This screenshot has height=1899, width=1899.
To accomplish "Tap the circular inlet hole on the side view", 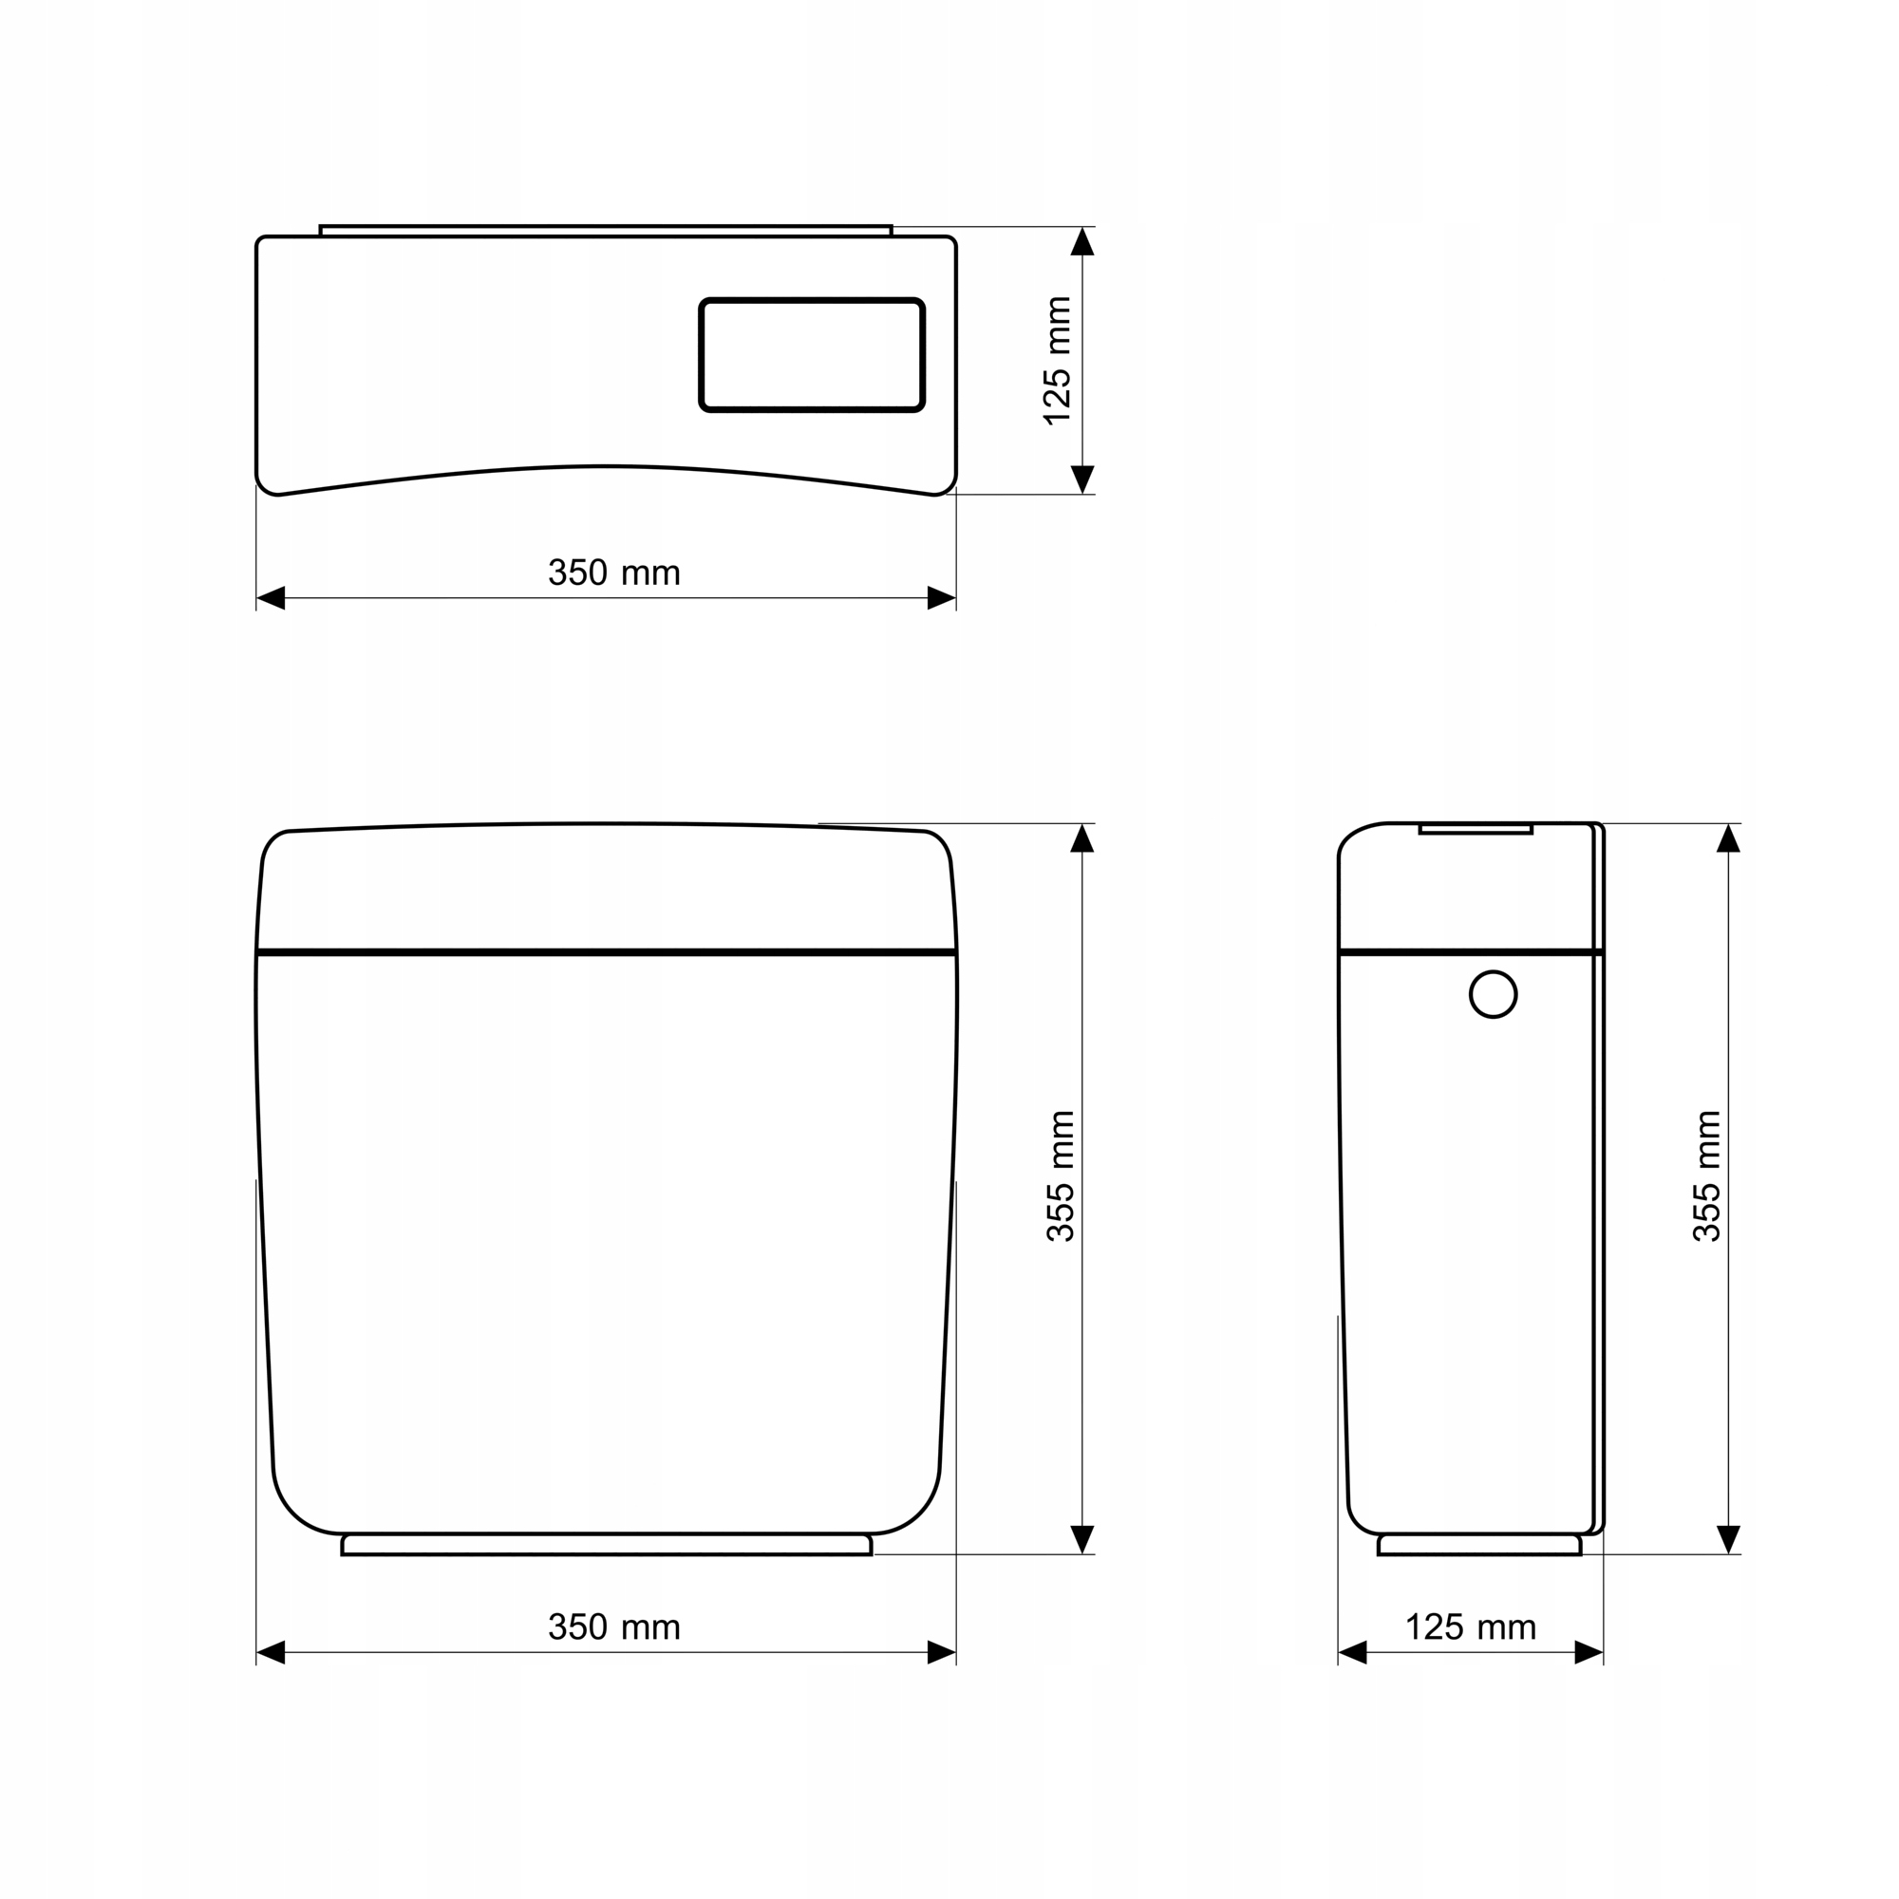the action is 1493,995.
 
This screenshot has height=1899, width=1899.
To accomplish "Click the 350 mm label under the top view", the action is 614,573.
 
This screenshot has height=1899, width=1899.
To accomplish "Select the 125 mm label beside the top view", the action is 1058,361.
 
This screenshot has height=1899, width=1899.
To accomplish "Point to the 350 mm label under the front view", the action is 614,1627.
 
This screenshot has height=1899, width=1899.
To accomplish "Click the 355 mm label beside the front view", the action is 1062,1176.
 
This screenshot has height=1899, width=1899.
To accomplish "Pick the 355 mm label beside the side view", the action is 1707,1176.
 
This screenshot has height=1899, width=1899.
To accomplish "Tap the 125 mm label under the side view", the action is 1471,1627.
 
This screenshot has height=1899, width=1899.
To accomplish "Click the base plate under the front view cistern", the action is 607,1544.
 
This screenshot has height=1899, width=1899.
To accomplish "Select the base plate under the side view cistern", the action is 1479,1544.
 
